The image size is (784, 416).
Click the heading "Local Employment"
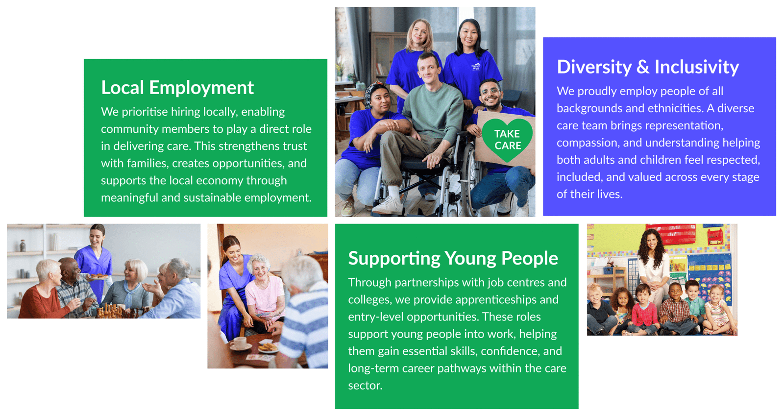(177, 88)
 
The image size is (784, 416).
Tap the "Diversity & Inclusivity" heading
(648, 67)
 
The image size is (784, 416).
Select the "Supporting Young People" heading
(453, 259)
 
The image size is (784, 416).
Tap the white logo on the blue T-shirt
(476, 67)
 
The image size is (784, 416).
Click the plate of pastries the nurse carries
(98, 276)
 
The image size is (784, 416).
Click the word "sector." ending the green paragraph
(365, 385)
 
